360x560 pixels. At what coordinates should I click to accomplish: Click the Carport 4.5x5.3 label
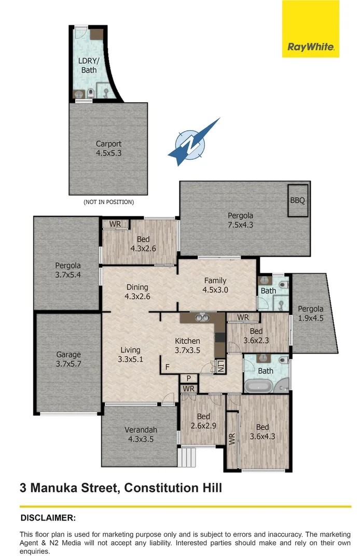108,148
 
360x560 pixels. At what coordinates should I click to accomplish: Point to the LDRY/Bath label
88,65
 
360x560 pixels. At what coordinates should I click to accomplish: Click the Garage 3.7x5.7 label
68,359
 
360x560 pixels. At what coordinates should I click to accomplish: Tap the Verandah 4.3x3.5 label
140,434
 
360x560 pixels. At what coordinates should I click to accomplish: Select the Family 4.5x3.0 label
215,285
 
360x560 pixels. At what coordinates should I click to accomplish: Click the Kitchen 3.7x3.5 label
187,345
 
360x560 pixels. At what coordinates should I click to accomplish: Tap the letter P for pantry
189,379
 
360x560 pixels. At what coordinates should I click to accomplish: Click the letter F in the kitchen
167,367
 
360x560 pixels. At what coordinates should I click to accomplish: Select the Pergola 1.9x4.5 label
311,314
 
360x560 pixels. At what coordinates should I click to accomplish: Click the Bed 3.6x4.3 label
262,431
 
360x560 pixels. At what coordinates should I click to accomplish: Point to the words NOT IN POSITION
108,202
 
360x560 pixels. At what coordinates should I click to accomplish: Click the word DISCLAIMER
48,517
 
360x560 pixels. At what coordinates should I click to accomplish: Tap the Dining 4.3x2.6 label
137,291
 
